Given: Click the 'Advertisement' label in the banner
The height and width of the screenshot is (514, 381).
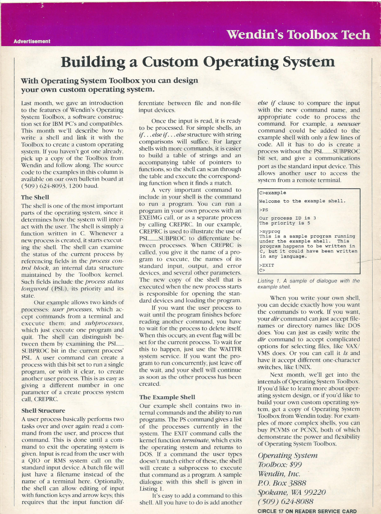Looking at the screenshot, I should point(32,41).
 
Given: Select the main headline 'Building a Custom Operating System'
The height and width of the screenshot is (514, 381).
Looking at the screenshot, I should point(197,62).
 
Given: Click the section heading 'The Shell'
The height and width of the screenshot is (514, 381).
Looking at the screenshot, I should point(35,197).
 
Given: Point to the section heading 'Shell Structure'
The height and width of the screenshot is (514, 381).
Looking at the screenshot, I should point(43,411).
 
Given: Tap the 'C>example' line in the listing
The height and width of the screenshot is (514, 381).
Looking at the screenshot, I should point(273,193).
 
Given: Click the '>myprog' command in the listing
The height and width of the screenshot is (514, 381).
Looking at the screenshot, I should point(270,231).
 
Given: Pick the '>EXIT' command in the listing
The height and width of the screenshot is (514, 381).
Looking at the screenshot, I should point(267,265).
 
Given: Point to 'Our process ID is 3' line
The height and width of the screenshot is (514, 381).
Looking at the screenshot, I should point(288,218).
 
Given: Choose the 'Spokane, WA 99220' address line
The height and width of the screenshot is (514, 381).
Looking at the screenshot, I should point(292,492).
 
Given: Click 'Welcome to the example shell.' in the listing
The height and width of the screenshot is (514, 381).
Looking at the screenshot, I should point(302,201).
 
